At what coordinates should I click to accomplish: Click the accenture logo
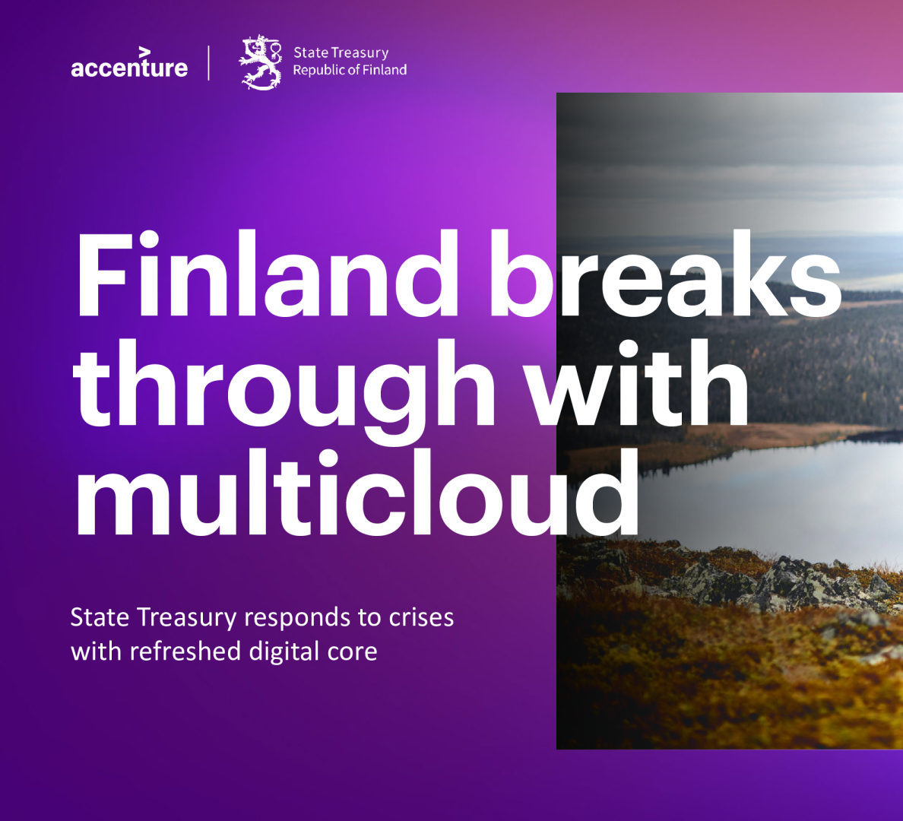(129, 63)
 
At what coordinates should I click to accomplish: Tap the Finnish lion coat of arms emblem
(261, 62)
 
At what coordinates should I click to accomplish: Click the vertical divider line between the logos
(208, 63)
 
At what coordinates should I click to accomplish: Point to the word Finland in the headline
(268, 274)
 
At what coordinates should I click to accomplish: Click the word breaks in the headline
(666, 274)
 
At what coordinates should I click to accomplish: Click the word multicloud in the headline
(358, 493)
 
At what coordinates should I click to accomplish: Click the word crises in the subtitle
(422, 617)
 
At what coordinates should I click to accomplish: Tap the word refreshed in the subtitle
(185, 651)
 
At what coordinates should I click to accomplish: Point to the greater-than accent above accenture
(144, 52)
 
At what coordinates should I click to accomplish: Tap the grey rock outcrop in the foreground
(795, 582)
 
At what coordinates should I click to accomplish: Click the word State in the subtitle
(100, 617)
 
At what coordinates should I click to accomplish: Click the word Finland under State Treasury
(385, 70)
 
